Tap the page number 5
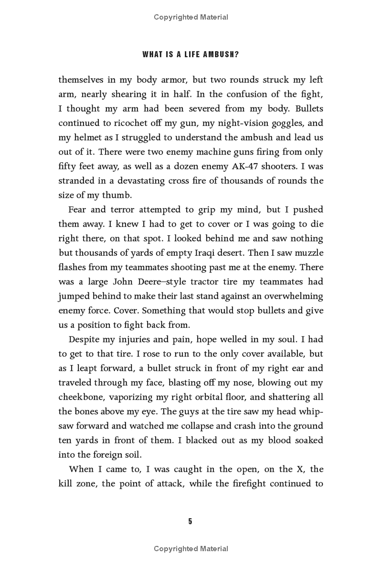point(190,521)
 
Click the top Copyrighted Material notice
point(191,17)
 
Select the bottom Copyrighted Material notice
point(191,549)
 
